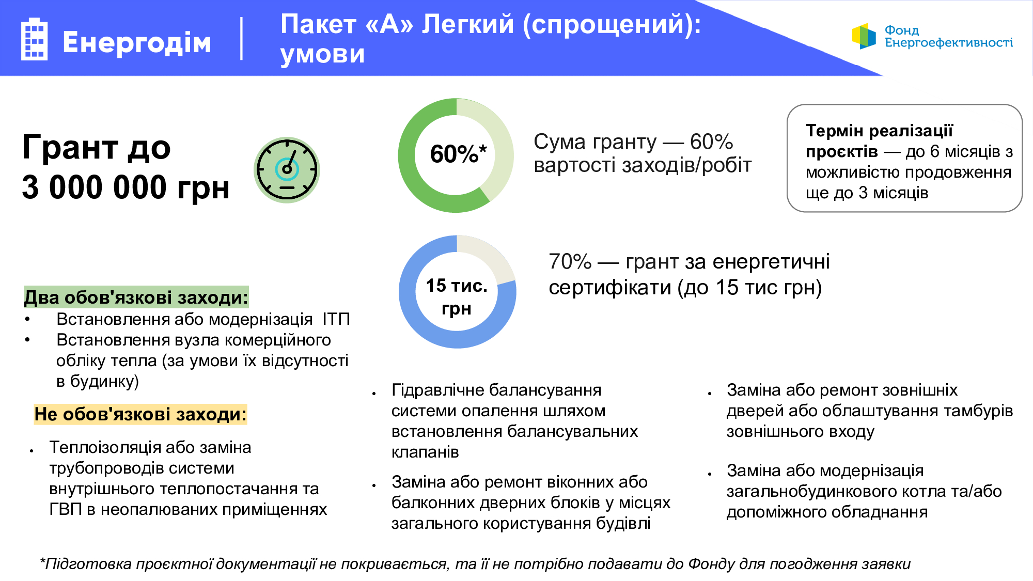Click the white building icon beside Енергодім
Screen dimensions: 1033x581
34,39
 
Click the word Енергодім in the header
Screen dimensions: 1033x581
137,42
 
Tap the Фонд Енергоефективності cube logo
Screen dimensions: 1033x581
864,36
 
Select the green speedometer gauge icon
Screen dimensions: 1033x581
287,170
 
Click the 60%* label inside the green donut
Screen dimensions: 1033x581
458,154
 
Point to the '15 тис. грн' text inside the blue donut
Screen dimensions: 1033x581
457,296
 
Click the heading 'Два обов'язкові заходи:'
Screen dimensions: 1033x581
136,297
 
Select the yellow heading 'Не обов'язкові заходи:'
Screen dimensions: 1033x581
140,414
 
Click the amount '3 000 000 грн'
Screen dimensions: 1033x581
126,187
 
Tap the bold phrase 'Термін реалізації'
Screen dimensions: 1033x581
879,131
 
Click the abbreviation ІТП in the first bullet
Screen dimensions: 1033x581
336,319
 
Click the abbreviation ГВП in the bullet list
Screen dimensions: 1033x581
66,509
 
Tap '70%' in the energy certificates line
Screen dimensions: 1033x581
570,262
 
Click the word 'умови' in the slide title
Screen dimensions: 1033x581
323,54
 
